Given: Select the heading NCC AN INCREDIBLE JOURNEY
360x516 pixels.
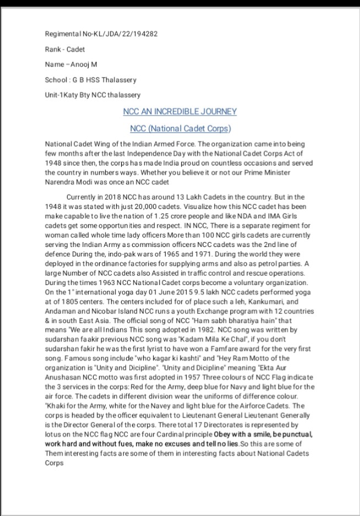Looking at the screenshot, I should [x=180, y=111].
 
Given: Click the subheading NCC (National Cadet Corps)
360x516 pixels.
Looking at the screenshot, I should [x=180, y=129].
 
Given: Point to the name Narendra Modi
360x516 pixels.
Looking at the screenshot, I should [x=69, y=182].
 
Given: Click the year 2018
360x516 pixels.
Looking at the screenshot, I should [x=110, y=197].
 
